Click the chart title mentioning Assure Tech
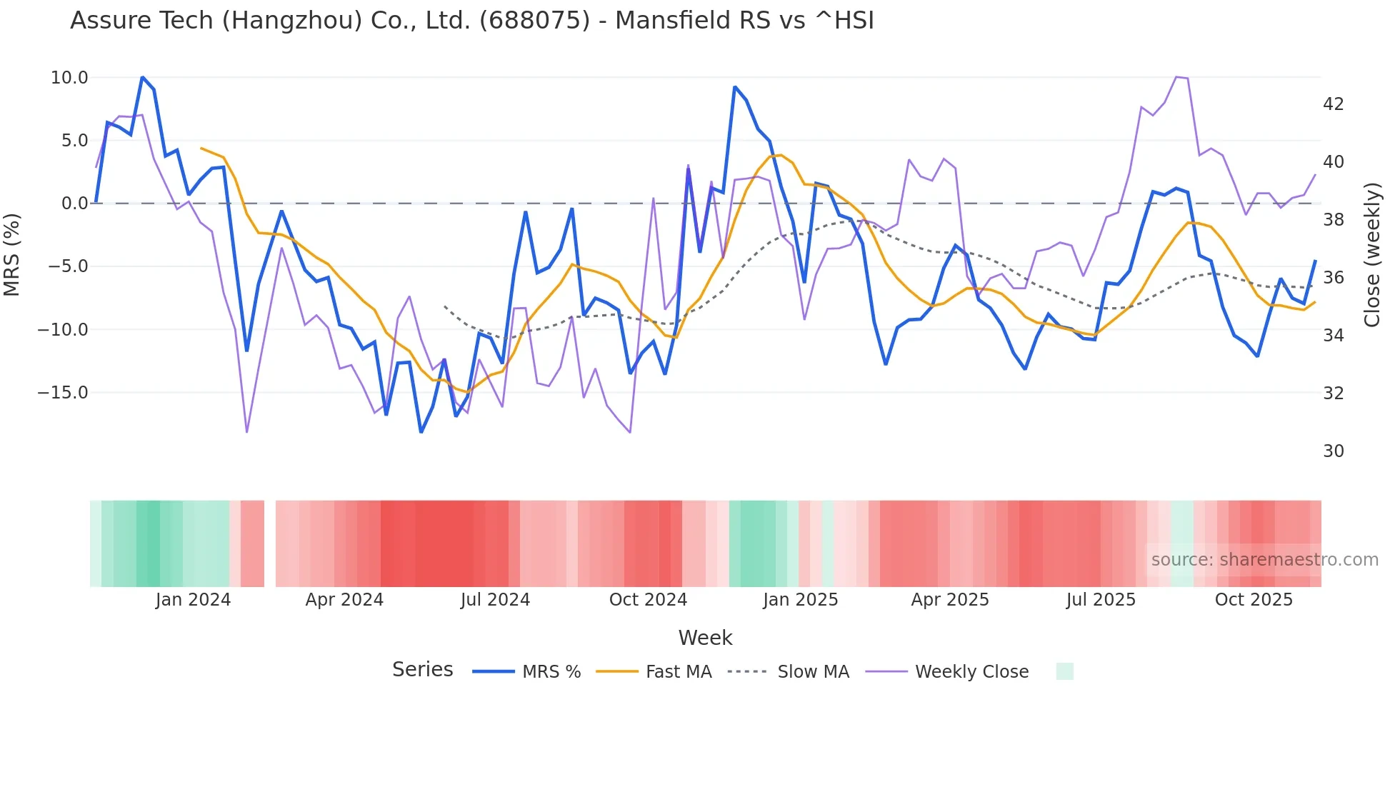471,21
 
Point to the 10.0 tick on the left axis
69,78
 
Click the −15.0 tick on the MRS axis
63,393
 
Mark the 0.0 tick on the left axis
74,204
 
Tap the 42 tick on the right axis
1333,104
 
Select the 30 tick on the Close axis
1333,451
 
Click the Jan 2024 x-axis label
193,600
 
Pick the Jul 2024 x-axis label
495,600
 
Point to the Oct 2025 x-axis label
1254,600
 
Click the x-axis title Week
705,638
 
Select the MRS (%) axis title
12,254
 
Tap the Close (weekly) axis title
1371,254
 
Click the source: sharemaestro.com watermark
1264,560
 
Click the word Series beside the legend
422,670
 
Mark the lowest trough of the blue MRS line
421,432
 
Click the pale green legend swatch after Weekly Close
1064,671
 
